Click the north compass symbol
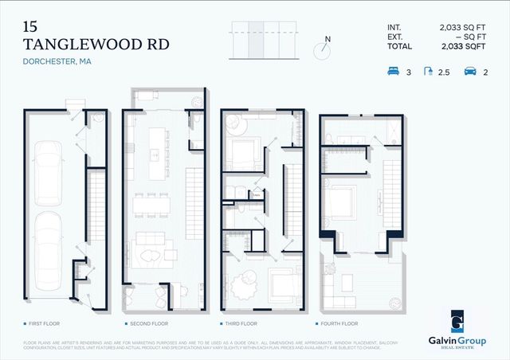[x=323, y=48]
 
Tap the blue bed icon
[x=394, y=72]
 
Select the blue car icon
[x=469, y=72]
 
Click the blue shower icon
[x=430, y=72]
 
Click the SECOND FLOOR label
[x=148, y=324]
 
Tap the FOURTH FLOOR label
[x=341, y=324]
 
